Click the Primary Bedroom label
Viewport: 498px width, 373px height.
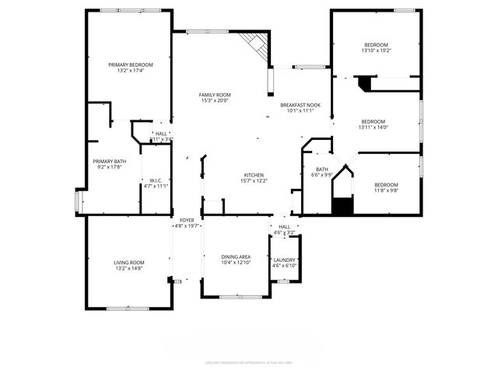click(131, 64)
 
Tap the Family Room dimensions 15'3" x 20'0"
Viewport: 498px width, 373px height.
click(215, 100)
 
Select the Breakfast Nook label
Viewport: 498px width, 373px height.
click(300, 104)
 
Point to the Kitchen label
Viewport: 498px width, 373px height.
click(254, 175)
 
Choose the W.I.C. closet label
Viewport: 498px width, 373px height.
click(155, 181)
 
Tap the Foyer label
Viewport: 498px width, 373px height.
click(187, 221)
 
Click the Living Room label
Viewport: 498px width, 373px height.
click(130, 263)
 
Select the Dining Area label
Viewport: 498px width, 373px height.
click(234, 256)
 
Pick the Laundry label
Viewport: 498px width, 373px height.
click(284, 260)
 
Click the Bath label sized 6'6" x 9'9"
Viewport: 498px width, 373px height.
click(321, 169)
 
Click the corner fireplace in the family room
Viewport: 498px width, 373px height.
click(256, 46)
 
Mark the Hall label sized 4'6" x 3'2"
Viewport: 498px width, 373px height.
click(284, 227)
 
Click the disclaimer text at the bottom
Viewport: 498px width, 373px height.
click(248, 362)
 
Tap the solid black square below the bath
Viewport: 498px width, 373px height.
click(342, 206)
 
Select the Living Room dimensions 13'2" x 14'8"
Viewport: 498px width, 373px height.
click(130, 268)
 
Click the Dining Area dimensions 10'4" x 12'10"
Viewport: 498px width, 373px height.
click(234, 262)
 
